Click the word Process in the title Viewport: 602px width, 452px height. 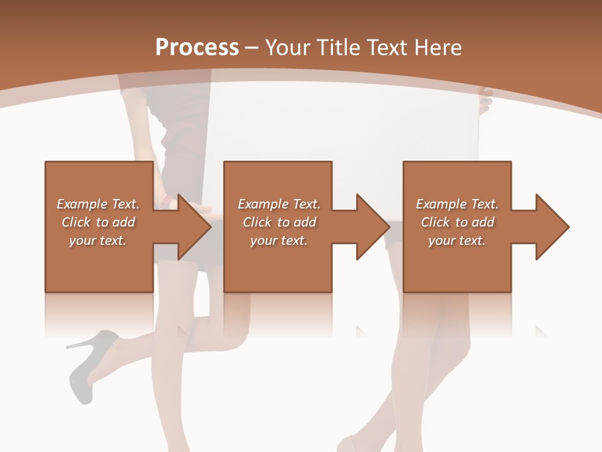[197, 48]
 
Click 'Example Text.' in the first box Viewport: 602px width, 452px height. [98, 204]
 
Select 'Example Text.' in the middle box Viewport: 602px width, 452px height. [279, 204]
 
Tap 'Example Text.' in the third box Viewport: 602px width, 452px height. [457, 204]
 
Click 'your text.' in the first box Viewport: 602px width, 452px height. [98, 240]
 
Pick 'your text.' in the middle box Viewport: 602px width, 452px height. [279, 240]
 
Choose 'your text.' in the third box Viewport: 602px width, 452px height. [457, 240]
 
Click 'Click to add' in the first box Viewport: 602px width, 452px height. [98, 222]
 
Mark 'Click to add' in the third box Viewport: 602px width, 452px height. [457, 222]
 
